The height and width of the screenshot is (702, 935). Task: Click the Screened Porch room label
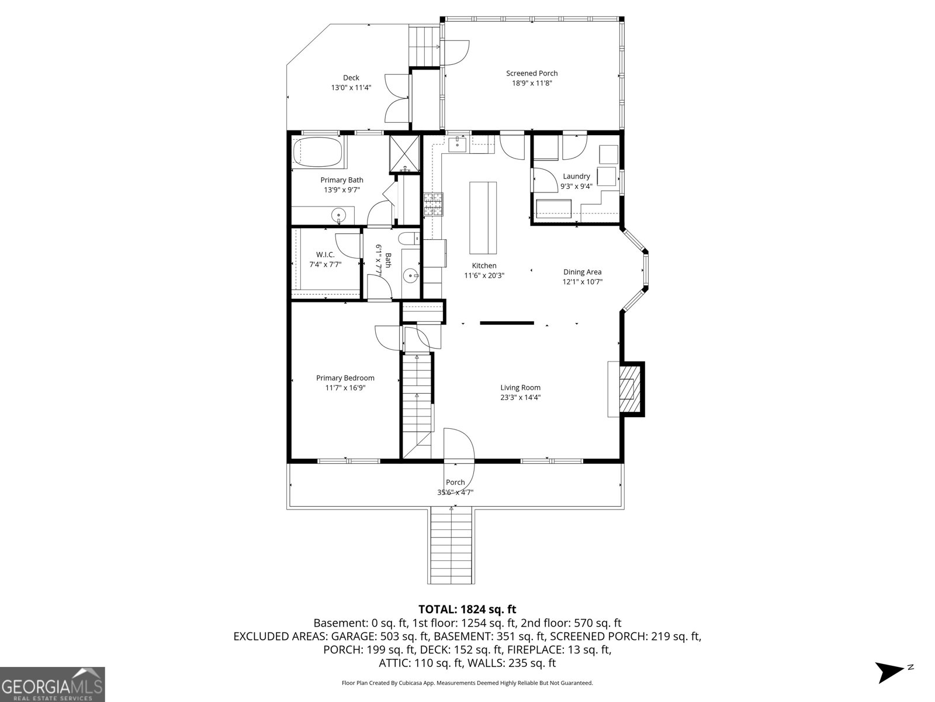pos(531,73)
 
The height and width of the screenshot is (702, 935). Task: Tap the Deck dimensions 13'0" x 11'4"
pos(351,88)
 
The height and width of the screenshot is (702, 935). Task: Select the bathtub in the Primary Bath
pos(317,152)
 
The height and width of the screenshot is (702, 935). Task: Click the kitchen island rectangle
pos(483,217)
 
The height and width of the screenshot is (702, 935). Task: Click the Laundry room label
pos(576,176)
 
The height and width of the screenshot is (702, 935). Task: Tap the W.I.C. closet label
pos(325,254)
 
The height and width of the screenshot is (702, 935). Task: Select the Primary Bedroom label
pos(345,378)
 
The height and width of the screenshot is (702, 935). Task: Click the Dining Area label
pos(582,272)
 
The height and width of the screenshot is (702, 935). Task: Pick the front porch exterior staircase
pos(452,545)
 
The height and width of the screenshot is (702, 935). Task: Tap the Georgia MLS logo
pos(53,684)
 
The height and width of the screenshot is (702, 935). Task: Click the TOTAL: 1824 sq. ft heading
pos(467,610)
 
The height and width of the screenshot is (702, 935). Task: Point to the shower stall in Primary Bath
pos(405,154)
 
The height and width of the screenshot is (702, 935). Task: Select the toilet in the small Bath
pos(408,238)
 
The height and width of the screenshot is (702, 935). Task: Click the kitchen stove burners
pos(434,204)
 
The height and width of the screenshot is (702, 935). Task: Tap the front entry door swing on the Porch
pos(459,448)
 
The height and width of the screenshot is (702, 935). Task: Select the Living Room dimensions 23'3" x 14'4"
pos(520,398)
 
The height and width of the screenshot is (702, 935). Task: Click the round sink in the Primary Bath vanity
pos(339,216)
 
